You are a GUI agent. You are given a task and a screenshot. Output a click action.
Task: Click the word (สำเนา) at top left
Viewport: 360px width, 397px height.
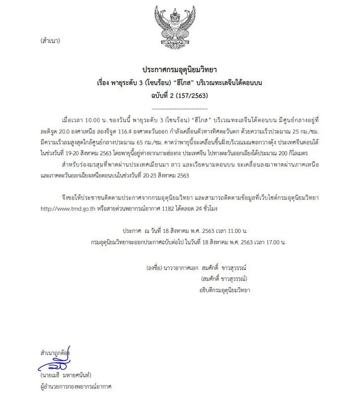click(50, 41)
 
